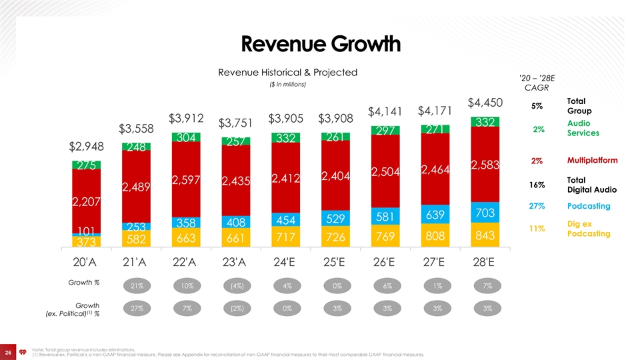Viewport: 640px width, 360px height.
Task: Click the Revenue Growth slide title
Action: tap(320, 45)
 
